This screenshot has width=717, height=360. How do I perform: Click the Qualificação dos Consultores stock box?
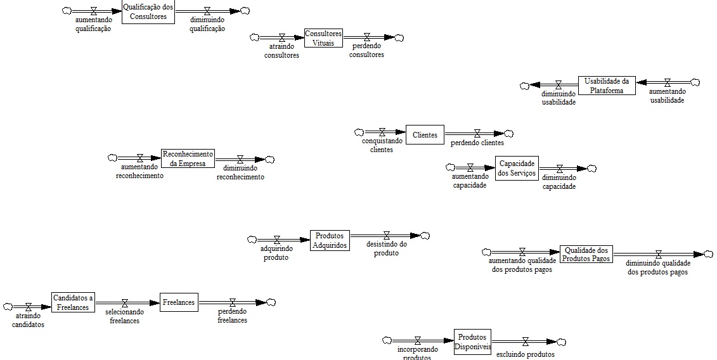(148, 11)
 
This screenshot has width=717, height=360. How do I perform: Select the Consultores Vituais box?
(323, 38)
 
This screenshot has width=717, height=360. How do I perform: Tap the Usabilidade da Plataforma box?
(607, 85)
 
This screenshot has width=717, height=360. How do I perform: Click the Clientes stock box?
(425, 134)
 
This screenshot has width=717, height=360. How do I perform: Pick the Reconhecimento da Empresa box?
(188, 158)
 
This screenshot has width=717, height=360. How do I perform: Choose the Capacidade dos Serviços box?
(517, 168)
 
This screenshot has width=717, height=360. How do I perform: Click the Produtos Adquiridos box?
(330, 240)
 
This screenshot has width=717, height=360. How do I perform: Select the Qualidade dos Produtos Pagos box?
(586, 254)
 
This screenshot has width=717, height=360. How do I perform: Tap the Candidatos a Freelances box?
(73, 302)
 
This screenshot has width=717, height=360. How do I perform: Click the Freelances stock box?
(179, 302)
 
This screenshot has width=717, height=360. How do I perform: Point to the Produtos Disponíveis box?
(472, 341)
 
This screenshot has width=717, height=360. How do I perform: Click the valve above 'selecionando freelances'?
(125, 303)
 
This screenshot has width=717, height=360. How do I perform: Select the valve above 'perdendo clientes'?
(477, 134)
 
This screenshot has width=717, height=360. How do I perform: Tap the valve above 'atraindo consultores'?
(282, 38)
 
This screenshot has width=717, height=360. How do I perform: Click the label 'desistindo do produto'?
(386, 248)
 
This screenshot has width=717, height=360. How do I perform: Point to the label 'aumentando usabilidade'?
(667, 96)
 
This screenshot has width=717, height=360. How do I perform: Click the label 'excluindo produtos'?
(525, 354)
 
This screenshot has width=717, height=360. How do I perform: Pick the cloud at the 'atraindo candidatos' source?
(8, 307)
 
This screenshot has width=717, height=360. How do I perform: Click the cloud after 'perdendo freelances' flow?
(271, 302)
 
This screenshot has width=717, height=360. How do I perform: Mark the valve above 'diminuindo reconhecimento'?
(240, 160)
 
